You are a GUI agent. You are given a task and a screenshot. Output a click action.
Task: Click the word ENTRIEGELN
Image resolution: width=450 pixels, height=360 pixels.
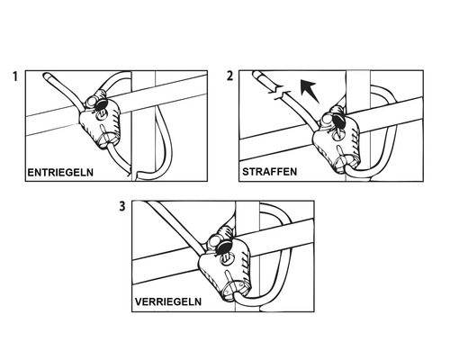coord(60,173)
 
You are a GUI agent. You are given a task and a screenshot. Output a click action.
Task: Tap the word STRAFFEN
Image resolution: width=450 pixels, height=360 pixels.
coord(270,172)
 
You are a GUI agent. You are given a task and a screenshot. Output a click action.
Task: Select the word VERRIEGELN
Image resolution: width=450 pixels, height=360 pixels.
coord(168,301)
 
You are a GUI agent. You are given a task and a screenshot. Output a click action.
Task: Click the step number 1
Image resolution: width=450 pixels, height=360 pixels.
coord(15,76)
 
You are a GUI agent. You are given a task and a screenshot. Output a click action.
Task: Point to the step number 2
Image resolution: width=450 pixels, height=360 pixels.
coord(229,76)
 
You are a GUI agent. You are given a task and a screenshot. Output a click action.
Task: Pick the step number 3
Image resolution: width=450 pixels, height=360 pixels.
coord(122,206)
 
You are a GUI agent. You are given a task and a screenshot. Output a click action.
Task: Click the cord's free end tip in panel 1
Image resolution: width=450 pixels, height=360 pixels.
coord(46,75)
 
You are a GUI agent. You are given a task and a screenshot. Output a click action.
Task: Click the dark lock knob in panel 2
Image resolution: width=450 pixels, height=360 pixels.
coord(339,121)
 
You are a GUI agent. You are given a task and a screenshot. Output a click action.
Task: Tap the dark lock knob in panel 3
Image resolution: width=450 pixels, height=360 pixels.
coord(224,247)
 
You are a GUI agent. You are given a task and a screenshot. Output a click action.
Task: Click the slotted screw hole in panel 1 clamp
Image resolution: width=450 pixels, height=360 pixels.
coord(101,114)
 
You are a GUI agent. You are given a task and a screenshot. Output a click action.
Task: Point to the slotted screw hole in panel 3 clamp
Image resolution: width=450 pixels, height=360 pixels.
coord(227,257)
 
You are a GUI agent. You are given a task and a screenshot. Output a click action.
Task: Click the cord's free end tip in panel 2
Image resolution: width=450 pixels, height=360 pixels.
coord(256,74)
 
